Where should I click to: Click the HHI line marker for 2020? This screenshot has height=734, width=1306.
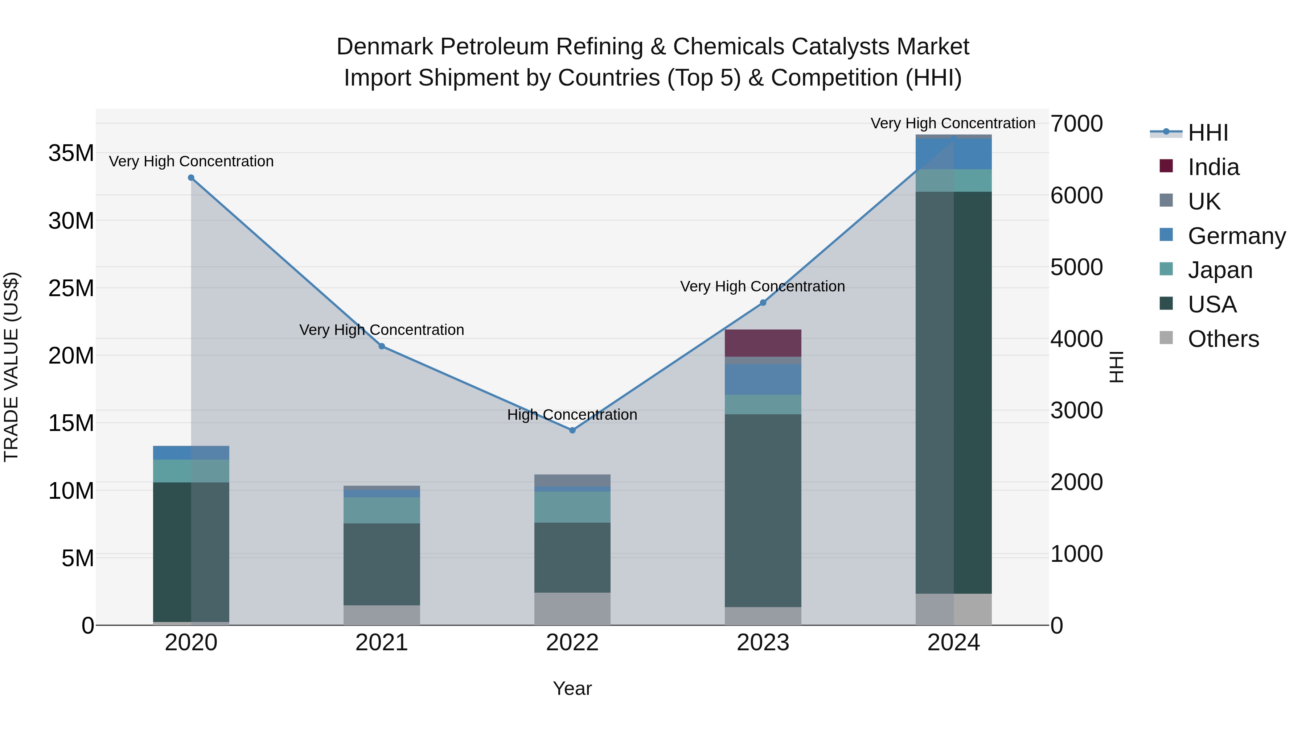click(x=191, y=178)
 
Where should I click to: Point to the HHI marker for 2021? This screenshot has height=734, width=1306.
click(x=382, y=346)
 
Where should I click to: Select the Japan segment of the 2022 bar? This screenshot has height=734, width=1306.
click(x=572, y=507)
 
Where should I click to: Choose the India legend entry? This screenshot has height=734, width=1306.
click(x=1213, y=167)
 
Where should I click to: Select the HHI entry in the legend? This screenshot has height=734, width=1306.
click(x=1208, y=133)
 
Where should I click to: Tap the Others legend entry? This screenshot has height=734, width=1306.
click(x=1223, y=339)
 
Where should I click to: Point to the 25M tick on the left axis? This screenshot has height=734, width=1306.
click(x=71, y=288)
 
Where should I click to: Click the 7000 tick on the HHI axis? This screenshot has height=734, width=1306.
click(x=1076, y=124)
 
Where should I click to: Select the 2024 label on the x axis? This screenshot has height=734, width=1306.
click(x=953, y=643)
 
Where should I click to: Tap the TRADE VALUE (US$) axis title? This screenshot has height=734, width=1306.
click(x=11, y=367)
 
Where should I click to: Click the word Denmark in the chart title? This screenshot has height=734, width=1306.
click(x=385, y=47)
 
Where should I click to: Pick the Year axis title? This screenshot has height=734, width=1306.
click(x=572, y=688)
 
